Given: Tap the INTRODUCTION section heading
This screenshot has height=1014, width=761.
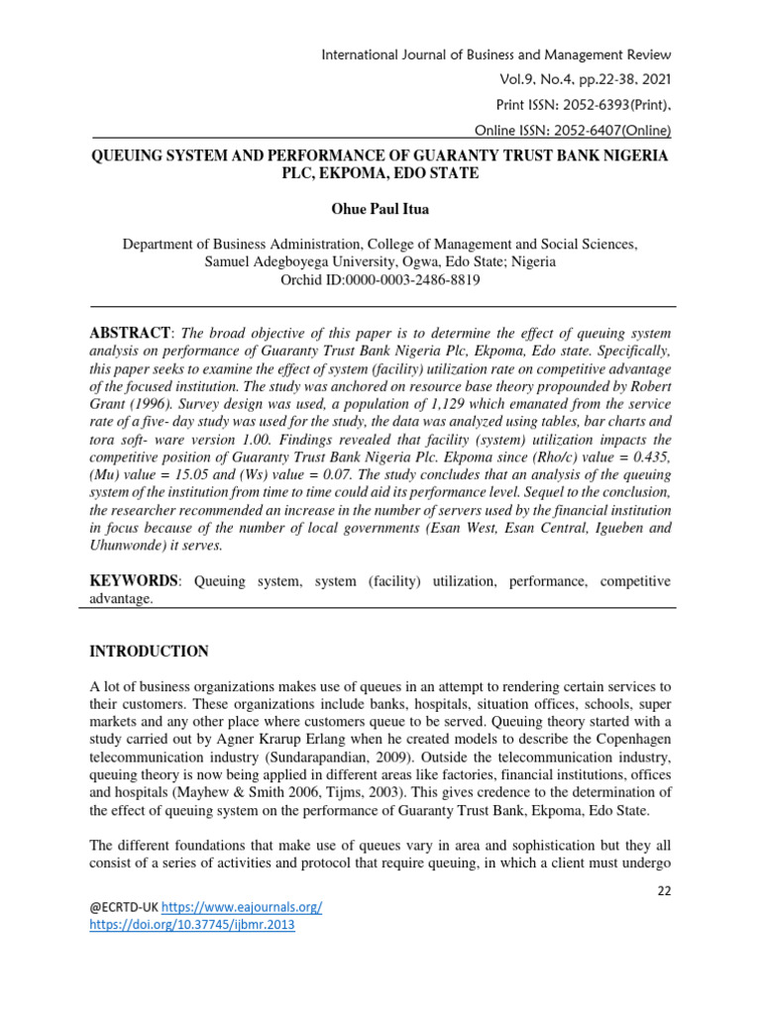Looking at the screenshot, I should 150,652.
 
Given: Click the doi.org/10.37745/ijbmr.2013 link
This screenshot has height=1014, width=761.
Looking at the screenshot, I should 193,925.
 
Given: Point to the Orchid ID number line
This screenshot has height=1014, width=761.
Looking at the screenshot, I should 381,281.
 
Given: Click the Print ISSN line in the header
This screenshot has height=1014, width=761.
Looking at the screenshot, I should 584,104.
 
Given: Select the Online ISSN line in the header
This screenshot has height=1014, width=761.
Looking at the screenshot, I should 574,131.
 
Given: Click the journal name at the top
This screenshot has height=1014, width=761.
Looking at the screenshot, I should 496,54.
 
